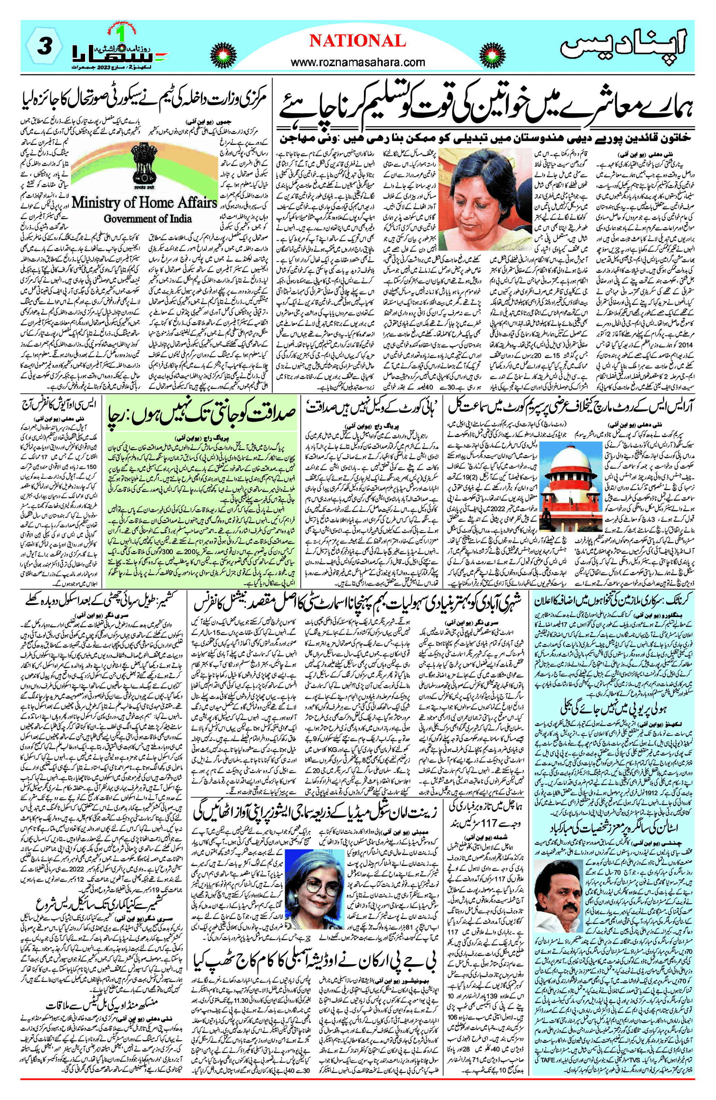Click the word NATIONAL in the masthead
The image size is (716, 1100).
tap(357, 41)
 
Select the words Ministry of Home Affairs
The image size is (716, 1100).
tap(144, 202)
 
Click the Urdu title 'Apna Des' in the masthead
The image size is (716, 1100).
tap(624, 46)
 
